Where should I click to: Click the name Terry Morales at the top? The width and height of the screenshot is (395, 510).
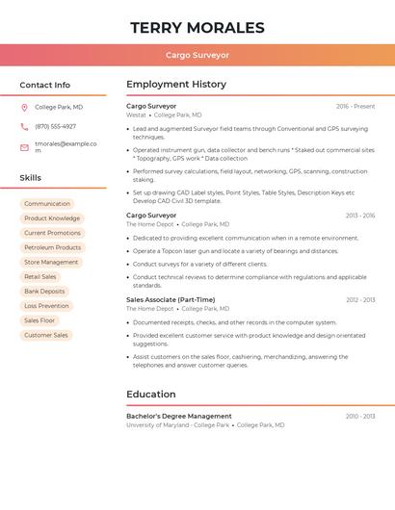pos(197,27)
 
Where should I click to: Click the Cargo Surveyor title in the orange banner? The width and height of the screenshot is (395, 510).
pos(197,55)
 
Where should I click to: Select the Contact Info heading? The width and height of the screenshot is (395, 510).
pos(44,85)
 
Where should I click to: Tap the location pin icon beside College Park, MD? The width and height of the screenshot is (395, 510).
pos(24,107)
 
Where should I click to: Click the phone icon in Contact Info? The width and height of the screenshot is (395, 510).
pos(24,126)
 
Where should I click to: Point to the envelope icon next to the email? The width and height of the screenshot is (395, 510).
pos(24,147)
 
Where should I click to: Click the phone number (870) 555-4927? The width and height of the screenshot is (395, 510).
pos(55,126)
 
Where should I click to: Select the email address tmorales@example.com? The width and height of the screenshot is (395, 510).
pos(66,146)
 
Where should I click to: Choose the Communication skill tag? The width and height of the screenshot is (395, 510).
pos(47,204)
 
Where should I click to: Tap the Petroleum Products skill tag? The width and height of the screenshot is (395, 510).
pos(52,247)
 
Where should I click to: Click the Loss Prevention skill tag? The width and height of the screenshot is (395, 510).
pos(46,306)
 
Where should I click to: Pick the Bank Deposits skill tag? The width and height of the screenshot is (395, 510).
pos(44,292)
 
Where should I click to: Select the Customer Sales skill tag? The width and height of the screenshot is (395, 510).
pos(46,335)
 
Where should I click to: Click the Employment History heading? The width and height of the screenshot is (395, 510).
pos(176,85)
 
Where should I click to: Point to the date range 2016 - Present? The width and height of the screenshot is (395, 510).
pos(355,106)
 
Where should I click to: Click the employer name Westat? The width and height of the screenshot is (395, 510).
pos(136,115)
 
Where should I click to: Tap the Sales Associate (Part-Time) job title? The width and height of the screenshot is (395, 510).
pos(171,299)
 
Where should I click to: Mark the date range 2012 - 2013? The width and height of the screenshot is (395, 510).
pos(360,300)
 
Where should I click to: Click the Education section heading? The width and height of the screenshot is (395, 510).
pos(151,395)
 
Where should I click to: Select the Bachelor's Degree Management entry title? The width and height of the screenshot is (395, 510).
pos(179,416)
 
